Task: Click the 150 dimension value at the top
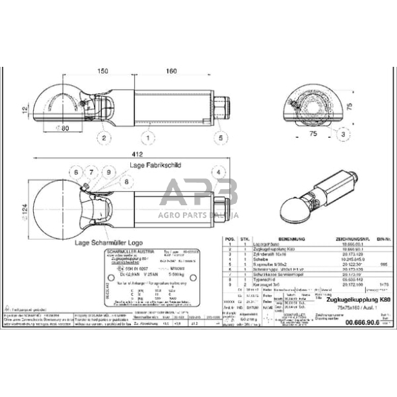pyautogui.click(x=103, y=70)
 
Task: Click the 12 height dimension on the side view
pyautogui.click(x=24, y=108)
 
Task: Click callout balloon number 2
pyautogui.click(x=104, y=138)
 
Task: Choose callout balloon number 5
pyautogui.click(x=220, y=138)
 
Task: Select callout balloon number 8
pyautogui.click(x=126, y=182)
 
